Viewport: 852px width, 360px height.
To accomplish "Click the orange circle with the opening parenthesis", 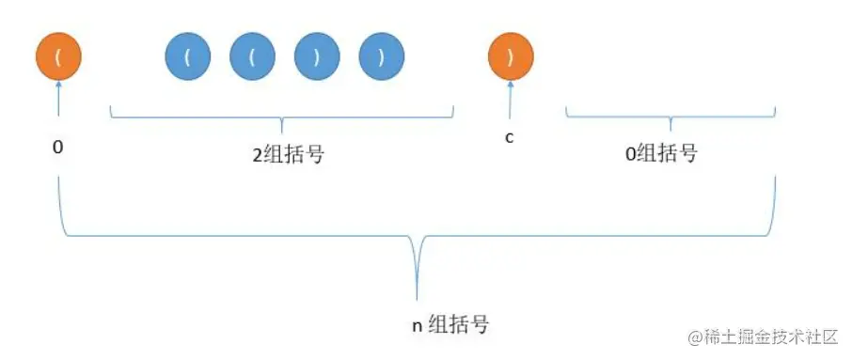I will [x=59, y=57].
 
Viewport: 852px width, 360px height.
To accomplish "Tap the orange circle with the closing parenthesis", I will [x=511, y=57].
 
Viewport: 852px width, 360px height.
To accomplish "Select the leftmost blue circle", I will [x=187, y=57].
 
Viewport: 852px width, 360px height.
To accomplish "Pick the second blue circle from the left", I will [x=252, y=57].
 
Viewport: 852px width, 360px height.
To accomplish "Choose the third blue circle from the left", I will [x=317, y=57].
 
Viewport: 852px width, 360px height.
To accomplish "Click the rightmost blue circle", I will [x=381, y=57].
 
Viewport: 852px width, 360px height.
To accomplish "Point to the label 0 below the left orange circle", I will [x=58, y=149].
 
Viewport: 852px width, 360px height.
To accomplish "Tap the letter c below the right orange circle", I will [x=510, y=138].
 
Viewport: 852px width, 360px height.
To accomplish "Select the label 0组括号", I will [x=661, y=154].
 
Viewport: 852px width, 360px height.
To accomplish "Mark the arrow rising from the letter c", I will [x=511, y=100].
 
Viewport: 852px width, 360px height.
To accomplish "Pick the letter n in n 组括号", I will [x=418, y=326].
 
